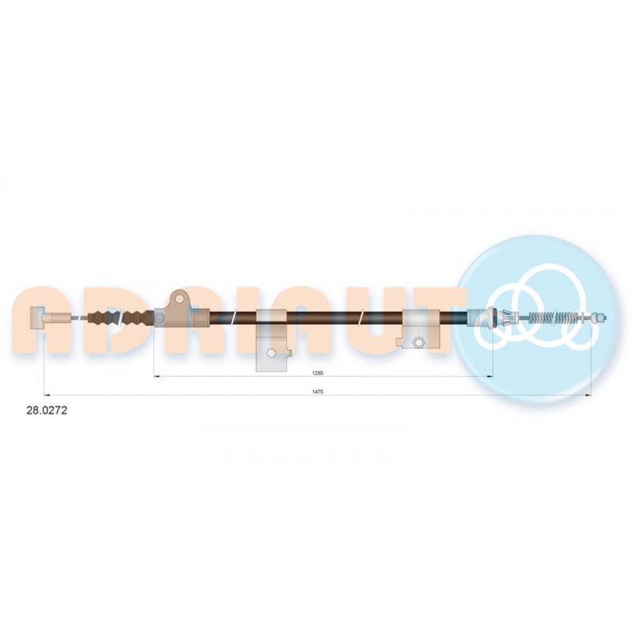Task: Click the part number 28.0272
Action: (46, 410)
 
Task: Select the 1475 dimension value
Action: (318, 391)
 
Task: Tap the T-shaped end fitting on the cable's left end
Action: (39, 317)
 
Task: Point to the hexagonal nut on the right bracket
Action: (416, 342)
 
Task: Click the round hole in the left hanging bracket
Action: (270, 353)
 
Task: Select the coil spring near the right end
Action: (555, 316)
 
